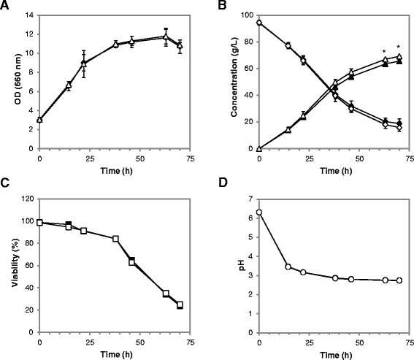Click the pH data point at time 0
(260, 212)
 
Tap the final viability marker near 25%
(180, 305)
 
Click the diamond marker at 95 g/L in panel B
(260, 23)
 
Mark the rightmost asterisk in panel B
(398, 48)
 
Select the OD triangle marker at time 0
(39, 120)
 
